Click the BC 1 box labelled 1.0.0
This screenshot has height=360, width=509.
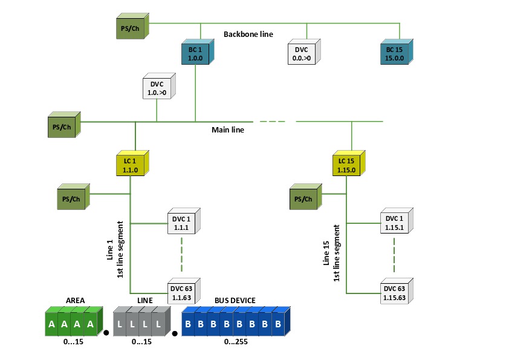pyautogui.click(x=195, y=54)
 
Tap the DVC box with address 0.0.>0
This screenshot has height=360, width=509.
pyautogui.click(x=300, y=54)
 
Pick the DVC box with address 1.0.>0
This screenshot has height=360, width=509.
pyautogui.click(x=157, y=88)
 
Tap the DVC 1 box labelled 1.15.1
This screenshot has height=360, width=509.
pyautogui.click(x=394, y=223)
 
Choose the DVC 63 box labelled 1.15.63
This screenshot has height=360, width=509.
pyautogui.click(x=394, y=293)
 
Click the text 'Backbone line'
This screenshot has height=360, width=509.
pyautogui.click(x=248, y=34)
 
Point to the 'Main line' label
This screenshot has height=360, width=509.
pyautogui.click(x=228, y=130)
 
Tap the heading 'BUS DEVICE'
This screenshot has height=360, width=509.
pyautogui.click(x=235, y=300)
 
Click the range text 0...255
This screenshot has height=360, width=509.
pyautogui.click(x=236, y=342)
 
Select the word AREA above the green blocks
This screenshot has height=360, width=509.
pyautogui.click(x=75, y=300)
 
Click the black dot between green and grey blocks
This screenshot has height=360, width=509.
pyautogui.click(x=106, y=332)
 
